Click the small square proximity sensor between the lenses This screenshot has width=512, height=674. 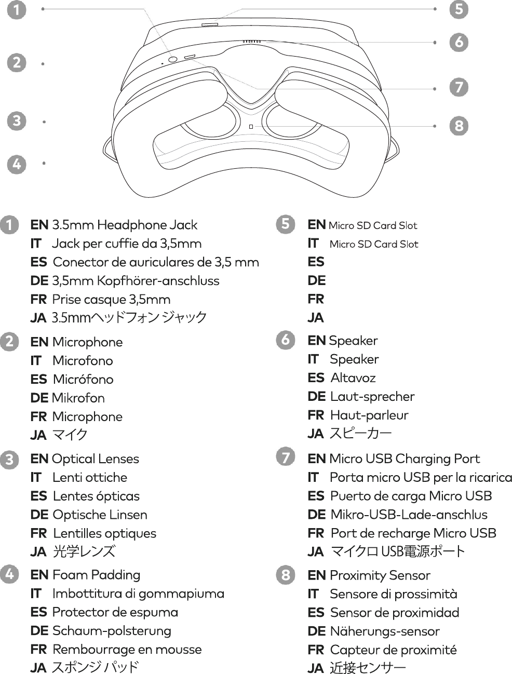[251, 126]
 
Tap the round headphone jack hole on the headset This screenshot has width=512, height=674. [173, 59]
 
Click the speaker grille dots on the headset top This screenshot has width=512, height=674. [251, 42]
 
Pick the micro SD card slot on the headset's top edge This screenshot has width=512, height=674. [210, 24]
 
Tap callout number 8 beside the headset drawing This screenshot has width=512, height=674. [459, 126]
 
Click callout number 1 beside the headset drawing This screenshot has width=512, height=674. [17, 10]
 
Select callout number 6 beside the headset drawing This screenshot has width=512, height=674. [459, 42]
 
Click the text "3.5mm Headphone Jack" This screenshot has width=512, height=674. [125, 225]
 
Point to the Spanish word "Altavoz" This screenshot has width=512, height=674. [353, 378]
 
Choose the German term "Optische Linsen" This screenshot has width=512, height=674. [100, 515]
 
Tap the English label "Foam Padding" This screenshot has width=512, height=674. [96, 575]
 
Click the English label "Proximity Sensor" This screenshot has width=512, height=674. [380, 576]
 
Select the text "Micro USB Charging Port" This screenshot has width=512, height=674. [405, 459]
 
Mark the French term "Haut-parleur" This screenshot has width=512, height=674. [369, 415]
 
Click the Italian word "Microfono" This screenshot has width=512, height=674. [83, 361]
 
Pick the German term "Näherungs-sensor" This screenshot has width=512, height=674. [385, 631]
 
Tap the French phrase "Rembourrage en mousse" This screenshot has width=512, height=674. [127, 650]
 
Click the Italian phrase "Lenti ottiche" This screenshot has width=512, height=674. [90, 478]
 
